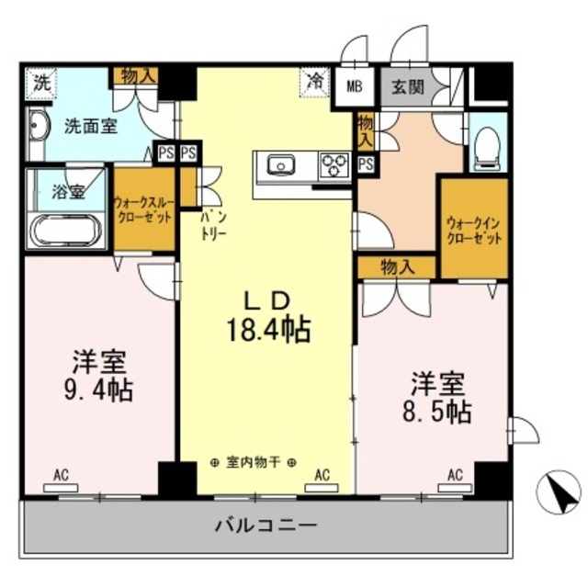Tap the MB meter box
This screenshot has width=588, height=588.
click(354, 88)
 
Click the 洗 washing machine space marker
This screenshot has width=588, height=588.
click(40, 81)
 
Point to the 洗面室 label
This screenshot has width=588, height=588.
click(90, 127)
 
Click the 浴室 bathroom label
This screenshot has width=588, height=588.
click(69, 194)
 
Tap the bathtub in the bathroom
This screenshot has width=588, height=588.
click(69, 230)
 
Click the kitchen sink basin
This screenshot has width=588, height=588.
click(279, 165)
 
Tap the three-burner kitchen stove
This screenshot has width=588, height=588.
click(334, 166)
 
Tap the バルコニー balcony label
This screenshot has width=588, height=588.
click(266, 526)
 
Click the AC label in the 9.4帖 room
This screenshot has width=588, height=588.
click(62, 475)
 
